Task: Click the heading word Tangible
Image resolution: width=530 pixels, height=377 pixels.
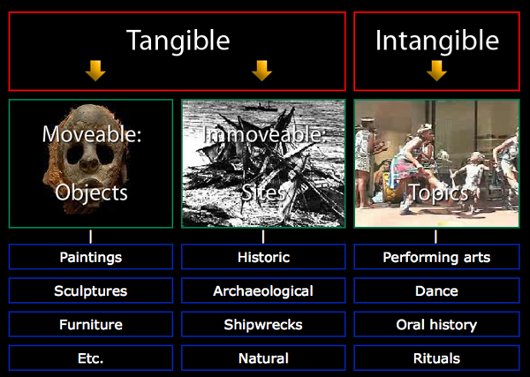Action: [x=178, y=41]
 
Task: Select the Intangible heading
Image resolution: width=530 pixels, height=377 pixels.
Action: [x=436, y=41]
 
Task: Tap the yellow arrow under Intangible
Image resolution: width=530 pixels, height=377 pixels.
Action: [x=436, y=71]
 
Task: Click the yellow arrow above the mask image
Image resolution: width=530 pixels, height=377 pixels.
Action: [x=95, y=71]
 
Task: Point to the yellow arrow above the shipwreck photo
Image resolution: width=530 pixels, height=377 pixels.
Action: [x=262, y=71]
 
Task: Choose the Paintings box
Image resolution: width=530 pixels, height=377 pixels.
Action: [x=91, y=257]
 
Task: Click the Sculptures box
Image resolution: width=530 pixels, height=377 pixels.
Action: [x=91, y=290]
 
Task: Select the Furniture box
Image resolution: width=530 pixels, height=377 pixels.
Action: [x=91, y=324]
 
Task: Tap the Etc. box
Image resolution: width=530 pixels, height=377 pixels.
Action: [x=91, y=358]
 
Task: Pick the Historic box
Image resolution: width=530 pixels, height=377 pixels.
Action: [x=263, y=257]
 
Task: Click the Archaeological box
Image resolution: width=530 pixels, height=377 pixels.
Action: [x=263, y=290]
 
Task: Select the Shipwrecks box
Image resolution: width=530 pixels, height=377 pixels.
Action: [x=263, y=324]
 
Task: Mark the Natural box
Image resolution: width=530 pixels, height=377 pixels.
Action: [x=263, y=358]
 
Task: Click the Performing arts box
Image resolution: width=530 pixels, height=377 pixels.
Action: [x=436, y=257]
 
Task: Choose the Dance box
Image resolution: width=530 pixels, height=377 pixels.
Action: [x=436, y=290]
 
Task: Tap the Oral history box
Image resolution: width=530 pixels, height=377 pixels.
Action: [x=436, y=324]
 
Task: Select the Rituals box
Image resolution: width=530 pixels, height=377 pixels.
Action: [x=436, y=358]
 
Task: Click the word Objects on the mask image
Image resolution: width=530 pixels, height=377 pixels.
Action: [x=91, y=193]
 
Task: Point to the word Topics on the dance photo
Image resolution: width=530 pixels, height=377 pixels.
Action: [x=438, y=193]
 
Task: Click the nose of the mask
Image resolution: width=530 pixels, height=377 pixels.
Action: [x=89, y=163]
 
